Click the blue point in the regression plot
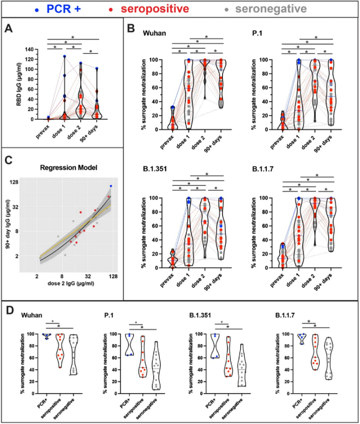point(110,186)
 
